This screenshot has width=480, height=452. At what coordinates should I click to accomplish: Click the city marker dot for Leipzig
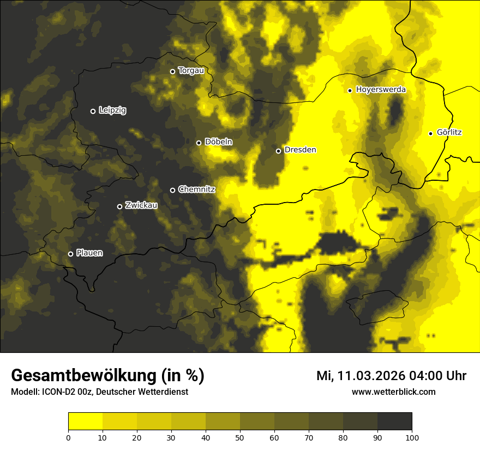(93, 111)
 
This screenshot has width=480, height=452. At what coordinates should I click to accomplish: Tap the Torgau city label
(191, 71)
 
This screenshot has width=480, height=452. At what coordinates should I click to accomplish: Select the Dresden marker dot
(278, 151)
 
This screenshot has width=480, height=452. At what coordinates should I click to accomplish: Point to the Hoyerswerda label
(381, 90)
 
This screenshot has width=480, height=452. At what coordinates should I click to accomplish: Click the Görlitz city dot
(430, 133)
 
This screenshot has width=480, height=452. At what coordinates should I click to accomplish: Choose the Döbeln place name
(218, 142)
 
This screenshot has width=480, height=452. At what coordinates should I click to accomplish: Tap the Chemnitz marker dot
(173, 190)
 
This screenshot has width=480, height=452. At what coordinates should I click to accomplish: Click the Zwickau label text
(141, 205)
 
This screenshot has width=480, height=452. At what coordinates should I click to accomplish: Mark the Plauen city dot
(70, 254)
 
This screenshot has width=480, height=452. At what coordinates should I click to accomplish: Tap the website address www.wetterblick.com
(393, 392)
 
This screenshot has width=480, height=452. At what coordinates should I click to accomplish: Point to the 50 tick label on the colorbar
(240, 437)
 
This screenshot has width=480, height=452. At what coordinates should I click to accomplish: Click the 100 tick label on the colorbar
(412, 437)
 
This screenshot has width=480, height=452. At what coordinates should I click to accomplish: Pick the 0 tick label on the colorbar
(68, 437)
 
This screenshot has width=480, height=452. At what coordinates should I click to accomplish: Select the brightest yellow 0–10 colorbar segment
(85, 422)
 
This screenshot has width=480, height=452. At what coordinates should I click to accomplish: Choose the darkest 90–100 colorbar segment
(394, 422)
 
